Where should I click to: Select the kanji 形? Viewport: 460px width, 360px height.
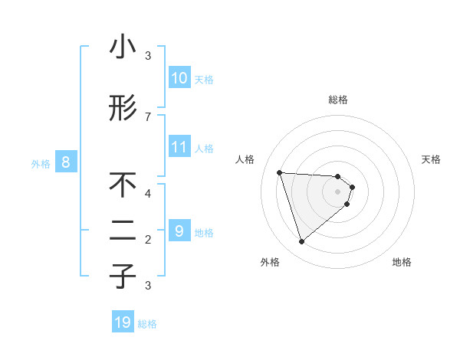[123, 108]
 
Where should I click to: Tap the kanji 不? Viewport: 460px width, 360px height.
[123, 185]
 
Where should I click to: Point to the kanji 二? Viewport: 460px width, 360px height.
[123, 231]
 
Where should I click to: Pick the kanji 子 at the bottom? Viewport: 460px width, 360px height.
[123, 277]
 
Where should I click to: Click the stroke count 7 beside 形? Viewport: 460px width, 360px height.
[148, 116]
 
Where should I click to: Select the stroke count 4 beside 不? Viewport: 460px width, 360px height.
[148, 193]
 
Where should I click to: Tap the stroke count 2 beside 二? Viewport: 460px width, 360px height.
[148, 239]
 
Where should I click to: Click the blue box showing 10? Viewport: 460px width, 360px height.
[179, 78]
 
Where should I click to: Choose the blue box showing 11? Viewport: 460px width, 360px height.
[179, 147]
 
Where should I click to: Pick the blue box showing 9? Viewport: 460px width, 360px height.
[179, 231]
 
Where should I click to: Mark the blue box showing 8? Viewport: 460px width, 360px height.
[66, 162]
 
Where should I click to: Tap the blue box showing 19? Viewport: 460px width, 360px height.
[123, 322]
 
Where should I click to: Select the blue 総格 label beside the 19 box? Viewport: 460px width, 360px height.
[147, 324]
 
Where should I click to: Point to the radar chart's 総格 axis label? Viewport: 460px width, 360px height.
[337, 100]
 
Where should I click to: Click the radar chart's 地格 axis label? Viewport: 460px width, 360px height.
[402, 262]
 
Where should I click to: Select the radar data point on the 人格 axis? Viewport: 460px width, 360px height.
[280, 172]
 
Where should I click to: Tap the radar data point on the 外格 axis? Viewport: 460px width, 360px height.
[301, 242]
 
